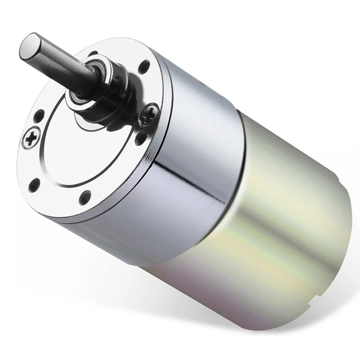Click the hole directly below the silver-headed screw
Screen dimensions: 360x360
coord(34,184)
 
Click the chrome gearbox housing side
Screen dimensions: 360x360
coord(189,189)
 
